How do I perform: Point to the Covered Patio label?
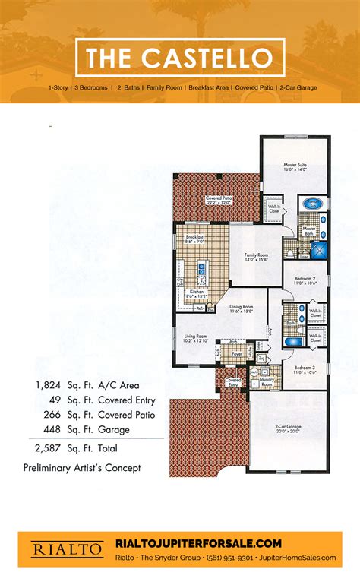coord(219,200)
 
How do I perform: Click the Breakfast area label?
coord(195,239)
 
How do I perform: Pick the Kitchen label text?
coord(197,292)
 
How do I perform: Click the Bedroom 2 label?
coord(306,280)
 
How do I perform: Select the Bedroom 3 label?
coord(305,369)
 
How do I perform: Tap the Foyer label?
coord(236,353)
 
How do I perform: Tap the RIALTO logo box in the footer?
coord(57,548)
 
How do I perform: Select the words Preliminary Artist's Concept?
coord(81,468)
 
